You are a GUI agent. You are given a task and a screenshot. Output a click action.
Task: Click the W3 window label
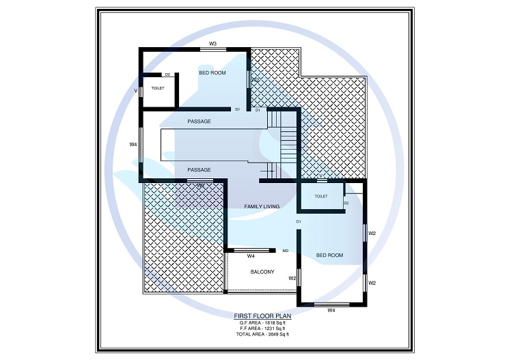[x=213, y=44]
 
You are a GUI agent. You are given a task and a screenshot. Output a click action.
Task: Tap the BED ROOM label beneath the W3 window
[x=212, y=72]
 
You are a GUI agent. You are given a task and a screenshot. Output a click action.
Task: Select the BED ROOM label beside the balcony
[x=330, y=255]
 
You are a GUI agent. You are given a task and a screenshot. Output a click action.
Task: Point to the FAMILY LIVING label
[x=263, y=206]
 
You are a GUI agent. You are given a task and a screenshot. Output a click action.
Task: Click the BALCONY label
[x=262, y=272]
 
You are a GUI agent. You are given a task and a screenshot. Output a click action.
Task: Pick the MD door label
[x=286, y=251]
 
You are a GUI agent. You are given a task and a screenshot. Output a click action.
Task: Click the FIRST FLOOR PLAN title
[x=263, y=316]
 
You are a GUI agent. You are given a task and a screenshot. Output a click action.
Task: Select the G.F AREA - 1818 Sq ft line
[x=263, y=322]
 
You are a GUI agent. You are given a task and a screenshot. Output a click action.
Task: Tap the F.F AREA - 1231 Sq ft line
[x=263, y=329]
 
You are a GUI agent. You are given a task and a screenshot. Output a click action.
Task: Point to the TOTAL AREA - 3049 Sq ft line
[x=263, y=335]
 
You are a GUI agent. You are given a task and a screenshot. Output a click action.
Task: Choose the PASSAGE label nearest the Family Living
[x=199, y=169]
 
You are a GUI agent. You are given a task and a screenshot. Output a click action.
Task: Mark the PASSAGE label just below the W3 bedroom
[x=199, y=121]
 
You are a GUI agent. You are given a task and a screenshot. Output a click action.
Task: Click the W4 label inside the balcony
[x=251, y=256]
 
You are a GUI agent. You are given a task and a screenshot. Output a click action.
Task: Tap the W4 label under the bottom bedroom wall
[x=331, y=311]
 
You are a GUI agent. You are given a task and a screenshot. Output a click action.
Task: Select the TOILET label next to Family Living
[x=321, y=196]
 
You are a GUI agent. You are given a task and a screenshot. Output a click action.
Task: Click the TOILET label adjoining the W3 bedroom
[x=158, y=88]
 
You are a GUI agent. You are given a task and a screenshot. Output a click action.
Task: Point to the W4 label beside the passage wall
[x=134, y=144]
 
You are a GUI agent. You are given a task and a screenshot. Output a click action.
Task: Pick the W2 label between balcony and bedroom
[x=292, y=278]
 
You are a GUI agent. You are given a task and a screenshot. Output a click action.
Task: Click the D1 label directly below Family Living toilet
[x=299, y=222]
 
